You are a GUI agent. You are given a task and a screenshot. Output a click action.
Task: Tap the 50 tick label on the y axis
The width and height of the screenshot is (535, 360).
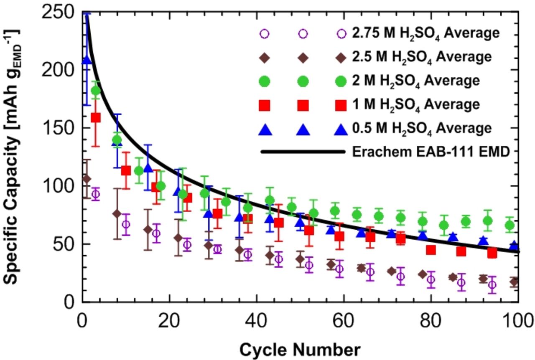tap(64, 244)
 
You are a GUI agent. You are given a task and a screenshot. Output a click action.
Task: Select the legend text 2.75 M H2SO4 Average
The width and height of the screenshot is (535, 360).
tap(425, 33)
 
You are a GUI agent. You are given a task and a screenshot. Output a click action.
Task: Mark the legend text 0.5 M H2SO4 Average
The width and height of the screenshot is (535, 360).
tap(421, 128)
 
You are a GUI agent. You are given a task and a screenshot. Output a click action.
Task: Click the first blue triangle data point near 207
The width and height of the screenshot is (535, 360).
tap(87, 61)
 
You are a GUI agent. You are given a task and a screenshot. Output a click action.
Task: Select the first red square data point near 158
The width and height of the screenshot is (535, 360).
tap(96, 117)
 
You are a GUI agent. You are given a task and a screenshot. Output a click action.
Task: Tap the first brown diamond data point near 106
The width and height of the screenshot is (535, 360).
tap(87, 179)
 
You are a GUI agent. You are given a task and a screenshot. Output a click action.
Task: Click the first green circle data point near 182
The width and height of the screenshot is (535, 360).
tap(96, 90)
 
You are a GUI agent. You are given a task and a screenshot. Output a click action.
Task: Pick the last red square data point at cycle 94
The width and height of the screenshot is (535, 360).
tap(492, 253)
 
